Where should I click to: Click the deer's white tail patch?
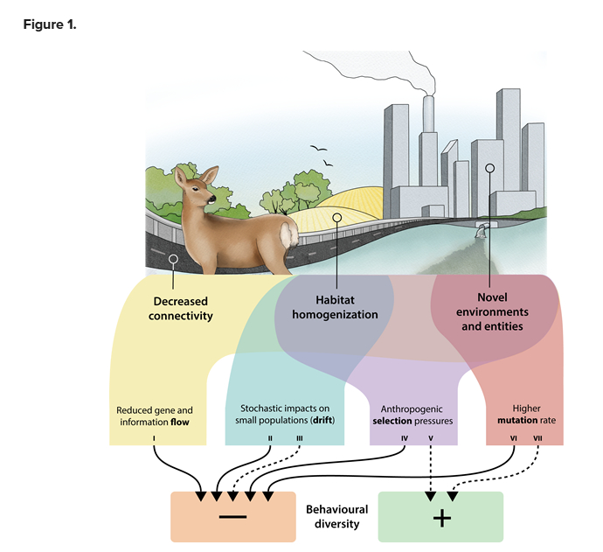[x=288, y=233]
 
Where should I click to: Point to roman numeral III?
[x=300, y=437]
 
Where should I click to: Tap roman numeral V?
[x=431, y=437]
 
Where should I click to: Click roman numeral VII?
[x=537, y=437]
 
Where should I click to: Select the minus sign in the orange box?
[x=232, y=517]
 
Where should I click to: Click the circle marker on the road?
[x=173, y=259]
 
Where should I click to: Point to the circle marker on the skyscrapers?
[x=489, y=166]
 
